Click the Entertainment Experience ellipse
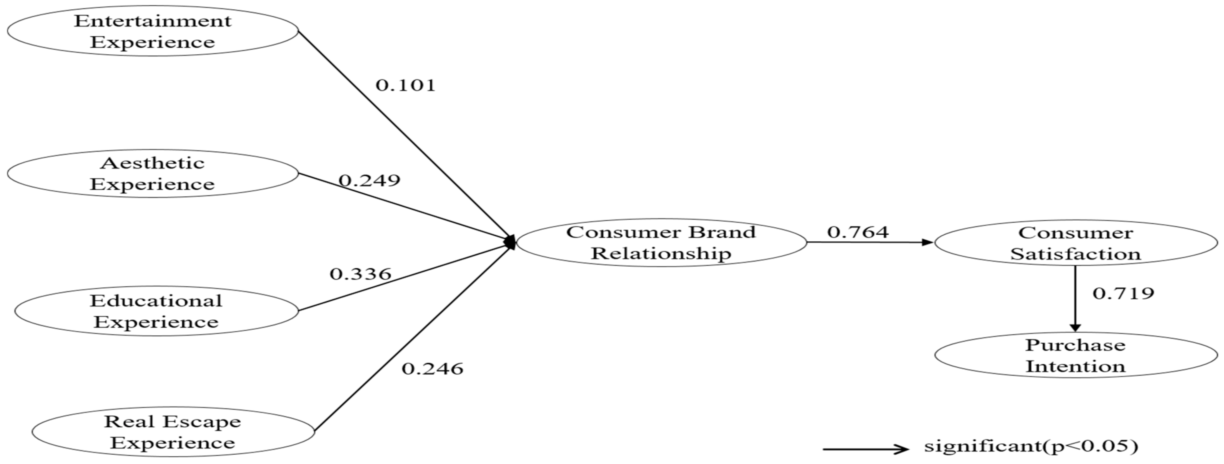153,31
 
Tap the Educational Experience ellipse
156,311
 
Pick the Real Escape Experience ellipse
173,432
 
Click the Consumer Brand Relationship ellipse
661,243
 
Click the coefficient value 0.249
369,181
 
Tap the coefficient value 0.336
360,274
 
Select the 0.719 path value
1123,293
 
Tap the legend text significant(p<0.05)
1031,446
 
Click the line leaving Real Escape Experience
409,340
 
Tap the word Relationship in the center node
661,254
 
